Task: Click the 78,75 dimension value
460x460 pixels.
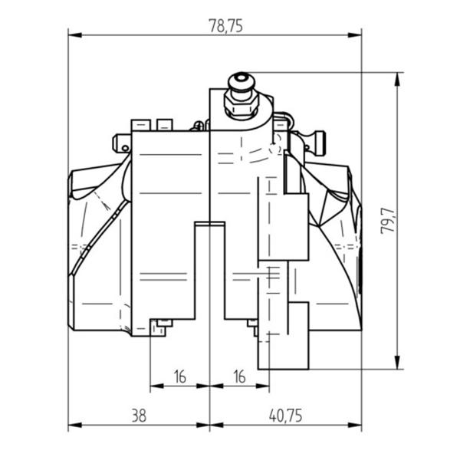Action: click(x=225, y=26)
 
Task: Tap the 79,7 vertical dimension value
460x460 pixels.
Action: click(x=388, y=221)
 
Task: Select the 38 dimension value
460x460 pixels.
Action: click(x=139, y=416)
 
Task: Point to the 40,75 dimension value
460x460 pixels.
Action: click(x=285, y=416)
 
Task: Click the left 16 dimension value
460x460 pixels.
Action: click(x=180, y=376)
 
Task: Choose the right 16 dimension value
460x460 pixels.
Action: click(x=239, y=376)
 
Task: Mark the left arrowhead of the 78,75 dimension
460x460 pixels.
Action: click(x=75, y=35)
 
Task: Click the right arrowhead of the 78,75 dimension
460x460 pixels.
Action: click(x=355, y=35)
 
